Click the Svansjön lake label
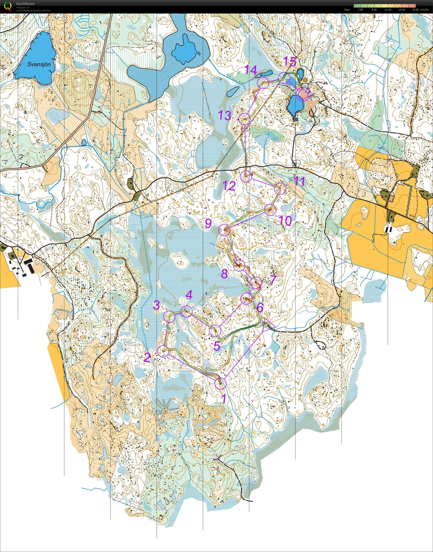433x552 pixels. pos(39,64)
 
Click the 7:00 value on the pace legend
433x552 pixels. pos(360,10)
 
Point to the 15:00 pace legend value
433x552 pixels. pos(415,10)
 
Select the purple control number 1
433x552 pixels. pos(224,398)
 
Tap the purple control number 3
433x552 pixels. pos(156,305)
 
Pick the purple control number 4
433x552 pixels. pos(189,295)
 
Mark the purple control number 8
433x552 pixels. pos(224,274)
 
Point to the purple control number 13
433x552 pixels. pos(225,116)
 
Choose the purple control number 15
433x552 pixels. pos(290,62)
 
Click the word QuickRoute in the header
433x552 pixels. pos(25,3)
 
